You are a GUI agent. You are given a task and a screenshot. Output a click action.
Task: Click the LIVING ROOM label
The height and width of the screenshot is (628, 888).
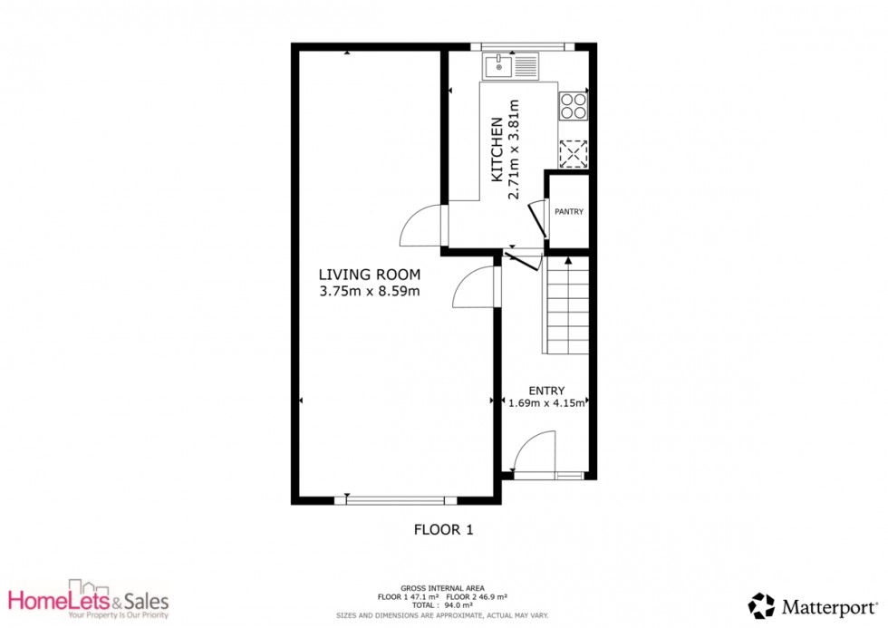(x=370, y=275)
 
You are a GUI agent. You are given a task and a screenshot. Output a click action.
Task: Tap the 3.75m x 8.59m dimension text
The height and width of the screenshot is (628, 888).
(x=370, y=292)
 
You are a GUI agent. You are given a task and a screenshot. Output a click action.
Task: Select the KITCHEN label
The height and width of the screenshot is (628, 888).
(x=497, y=150)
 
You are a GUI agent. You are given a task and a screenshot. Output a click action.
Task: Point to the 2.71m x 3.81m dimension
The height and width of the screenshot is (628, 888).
(x=514, y=150)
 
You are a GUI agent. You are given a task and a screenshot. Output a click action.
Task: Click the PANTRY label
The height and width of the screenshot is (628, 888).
(x=569, y=212)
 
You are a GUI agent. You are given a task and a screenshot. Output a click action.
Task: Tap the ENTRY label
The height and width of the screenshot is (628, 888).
(x=546, y=391)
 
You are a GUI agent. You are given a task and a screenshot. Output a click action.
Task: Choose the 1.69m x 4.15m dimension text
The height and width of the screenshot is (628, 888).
(x=545, y=403)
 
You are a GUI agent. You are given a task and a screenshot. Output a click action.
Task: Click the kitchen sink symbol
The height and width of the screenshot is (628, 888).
(x=511, y=66)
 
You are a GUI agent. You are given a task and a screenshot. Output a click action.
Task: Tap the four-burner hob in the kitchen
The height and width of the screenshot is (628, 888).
(x=573, y=106)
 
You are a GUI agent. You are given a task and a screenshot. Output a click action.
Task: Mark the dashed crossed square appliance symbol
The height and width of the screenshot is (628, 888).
(x=573, y=153)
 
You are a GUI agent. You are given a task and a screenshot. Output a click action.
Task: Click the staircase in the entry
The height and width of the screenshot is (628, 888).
(x=567, y=305)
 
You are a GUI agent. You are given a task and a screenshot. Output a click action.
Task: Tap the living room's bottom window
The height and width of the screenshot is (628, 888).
(x=395, y=500)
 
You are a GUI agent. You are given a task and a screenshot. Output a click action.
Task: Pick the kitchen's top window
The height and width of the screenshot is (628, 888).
(x=524, y=47)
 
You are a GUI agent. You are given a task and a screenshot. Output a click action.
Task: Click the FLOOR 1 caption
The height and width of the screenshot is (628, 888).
(x=443, y=529)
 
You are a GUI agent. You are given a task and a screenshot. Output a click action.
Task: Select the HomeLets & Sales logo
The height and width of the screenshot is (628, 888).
(x=89, y=599)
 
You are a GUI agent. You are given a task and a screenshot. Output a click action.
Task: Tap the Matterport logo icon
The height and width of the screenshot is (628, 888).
(x=761, y=606)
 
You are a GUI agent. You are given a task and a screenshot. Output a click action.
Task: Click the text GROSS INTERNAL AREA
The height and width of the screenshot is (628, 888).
(x=442, y=588)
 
